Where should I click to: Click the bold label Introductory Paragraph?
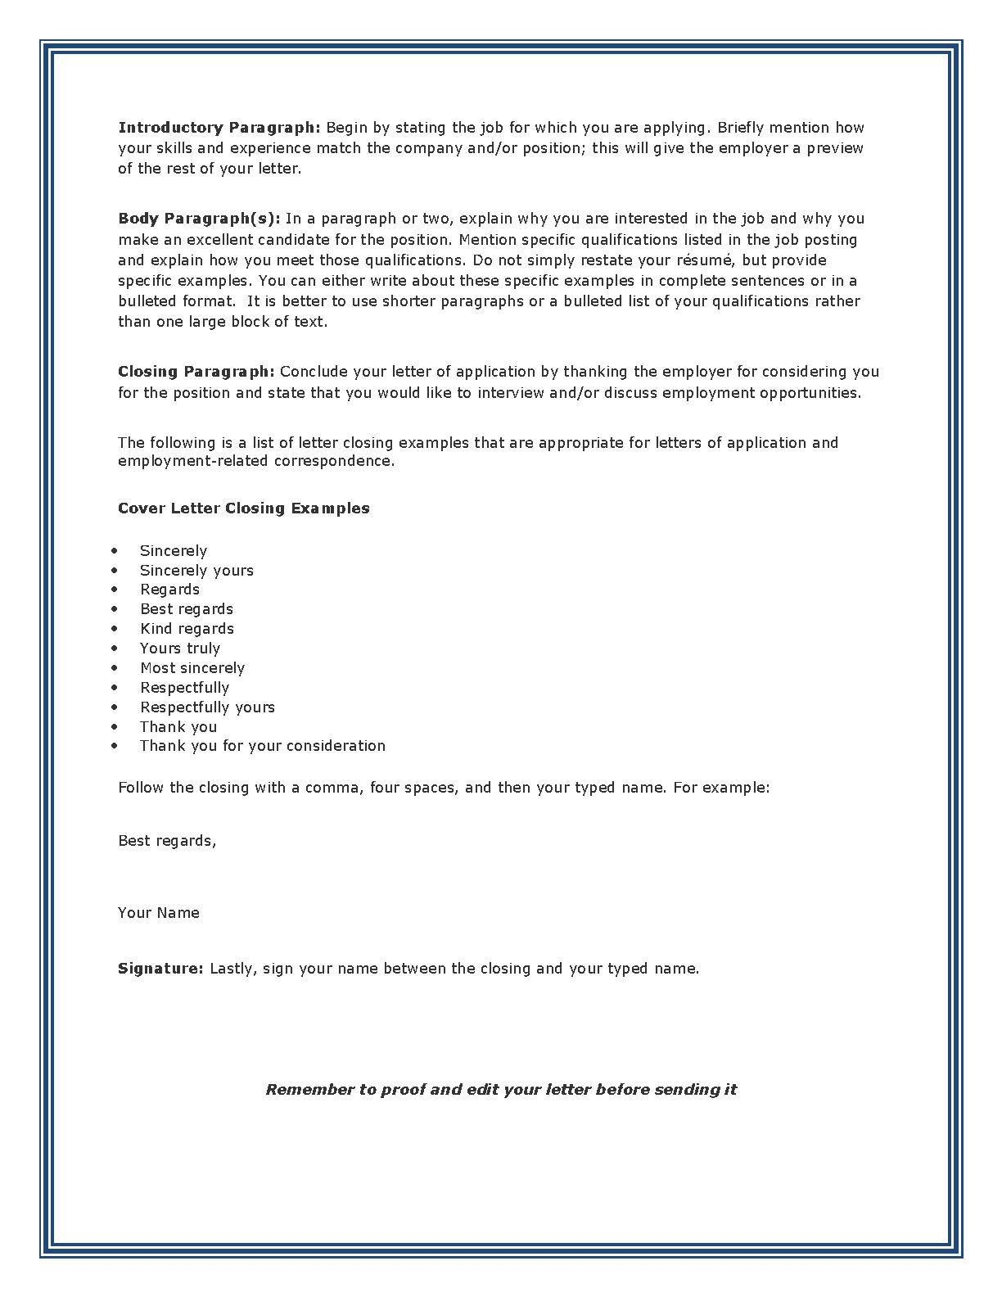(219, 128)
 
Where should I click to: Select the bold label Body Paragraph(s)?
(199, 219)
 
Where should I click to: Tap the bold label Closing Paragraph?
(196, 372)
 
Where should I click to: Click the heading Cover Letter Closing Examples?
(244, 508)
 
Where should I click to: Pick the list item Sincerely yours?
(196, 571)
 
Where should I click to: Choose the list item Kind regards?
(187, 629)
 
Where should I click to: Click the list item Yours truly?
(180, 648)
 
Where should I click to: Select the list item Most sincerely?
(192, 668)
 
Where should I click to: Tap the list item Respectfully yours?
(207, 707)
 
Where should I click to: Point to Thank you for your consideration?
(262, 746)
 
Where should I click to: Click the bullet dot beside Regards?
(115, 590)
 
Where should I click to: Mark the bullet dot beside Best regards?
(115, 609)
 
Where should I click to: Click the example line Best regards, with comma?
(167, 841)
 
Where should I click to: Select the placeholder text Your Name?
(159, 913)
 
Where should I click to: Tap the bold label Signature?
(160, 969)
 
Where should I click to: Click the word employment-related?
(193, 461)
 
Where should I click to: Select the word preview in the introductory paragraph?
(835, 148)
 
